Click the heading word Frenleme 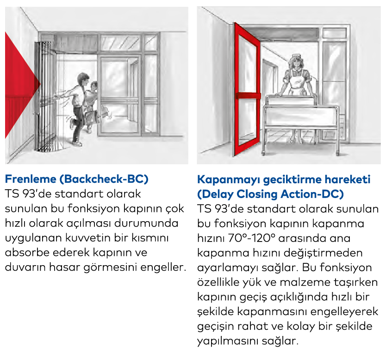(31, 179)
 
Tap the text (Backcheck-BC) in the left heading (104, 179)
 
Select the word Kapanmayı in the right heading (229, 180)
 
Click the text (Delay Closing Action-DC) (271, 194)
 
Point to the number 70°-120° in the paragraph (252, 238)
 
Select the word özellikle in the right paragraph (218, 282)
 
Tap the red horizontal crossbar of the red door (248, 96)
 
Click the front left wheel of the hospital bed (263, 154)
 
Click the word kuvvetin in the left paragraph (87, 238)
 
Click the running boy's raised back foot (72, 124)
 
